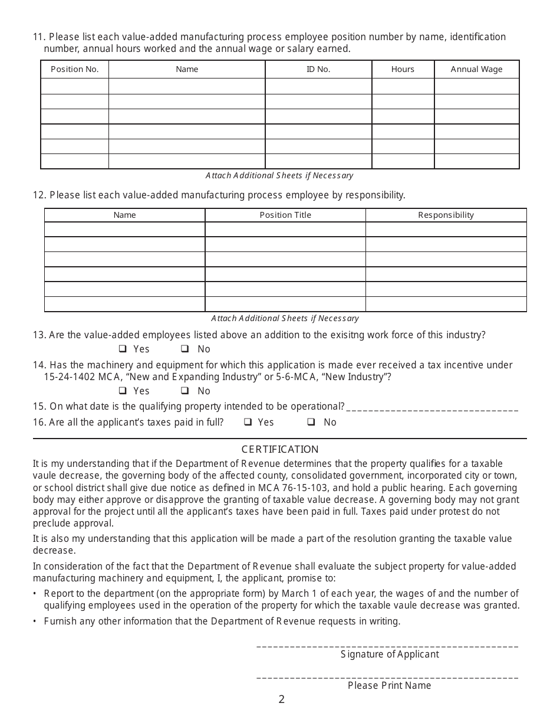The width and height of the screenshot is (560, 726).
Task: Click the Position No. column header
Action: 75,69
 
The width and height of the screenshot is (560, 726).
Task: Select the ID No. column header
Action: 318,69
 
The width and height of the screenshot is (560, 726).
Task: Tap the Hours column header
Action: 403,69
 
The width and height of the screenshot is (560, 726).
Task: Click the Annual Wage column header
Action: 476,69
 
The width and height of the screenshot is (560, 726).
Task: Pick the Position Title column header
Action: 285,215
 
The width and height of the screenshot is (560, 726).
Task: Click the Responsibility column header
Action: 446,215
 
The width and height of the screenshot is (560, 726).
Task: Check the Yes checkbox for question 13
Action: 123,349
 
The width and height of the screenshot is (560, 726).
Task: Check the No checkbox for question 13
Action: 185,349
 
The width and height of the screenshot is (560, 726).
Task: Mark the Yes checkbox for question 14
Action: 123,391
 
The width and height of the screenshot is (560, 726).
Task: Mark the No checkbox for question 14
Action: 185,391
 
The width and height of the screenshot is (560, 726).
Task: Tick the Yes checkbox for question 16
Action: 248,422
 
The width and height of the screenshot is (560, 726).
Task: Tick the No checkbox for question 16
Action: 311,422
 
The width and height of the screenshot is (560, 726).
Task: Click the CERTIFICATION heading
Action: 280,449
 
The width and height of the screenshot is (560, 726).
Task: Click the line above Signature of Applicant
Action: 387,647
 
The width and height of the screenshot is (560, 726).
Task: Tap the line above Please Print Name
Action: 387,678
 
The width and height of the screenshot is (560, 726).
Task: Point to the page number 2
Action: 281,699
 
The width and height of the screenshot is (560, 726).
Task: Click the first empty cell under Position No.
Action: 75,86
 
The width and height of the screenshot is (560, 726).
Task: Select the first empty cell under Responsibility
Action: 446,230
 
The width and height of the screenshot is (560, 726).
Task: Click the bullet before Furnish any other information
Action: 35,622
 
